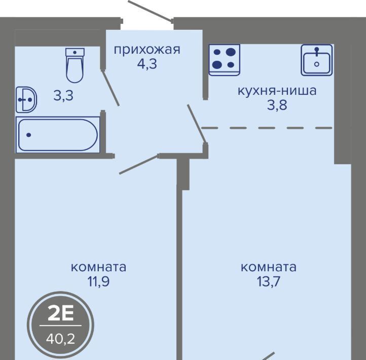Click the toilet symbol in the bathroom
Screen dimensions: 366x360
pos(75,65)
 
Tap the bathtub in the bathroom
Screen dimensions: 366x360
pos(58,135)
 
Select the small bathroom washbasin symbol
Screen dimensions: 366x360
pos(26,100)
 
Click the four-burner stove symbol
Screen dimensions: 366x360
pos(225,60)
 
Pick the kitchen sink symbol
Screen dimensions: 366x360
pos(317,60)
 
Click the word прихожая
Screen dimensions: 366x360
pos(147,50)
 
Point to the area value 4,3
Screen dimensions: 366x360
pos(147,64)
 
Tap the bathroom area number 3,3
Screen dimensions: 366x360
pos(63,95)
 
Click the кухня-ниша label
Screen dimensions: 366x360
pos(277,91)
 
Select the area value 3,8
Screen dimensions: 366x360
pos(277,105)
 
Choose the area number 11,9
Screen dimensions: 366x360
pos(98,281)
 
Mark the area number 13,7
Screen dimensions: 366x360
pos(269,281)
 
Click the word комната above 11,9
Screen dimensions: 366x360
pos(98,267)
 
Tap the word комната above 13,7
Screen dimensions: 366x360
pos(269,267)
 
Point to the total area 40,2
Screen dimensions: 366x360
pos(61,339)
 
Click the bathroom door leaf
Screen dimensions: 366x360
pos(111,88)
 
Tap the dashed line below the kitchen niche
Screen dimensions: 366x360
pos(267,128)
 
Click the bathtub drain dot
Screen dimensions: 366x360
pos(29,135)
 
